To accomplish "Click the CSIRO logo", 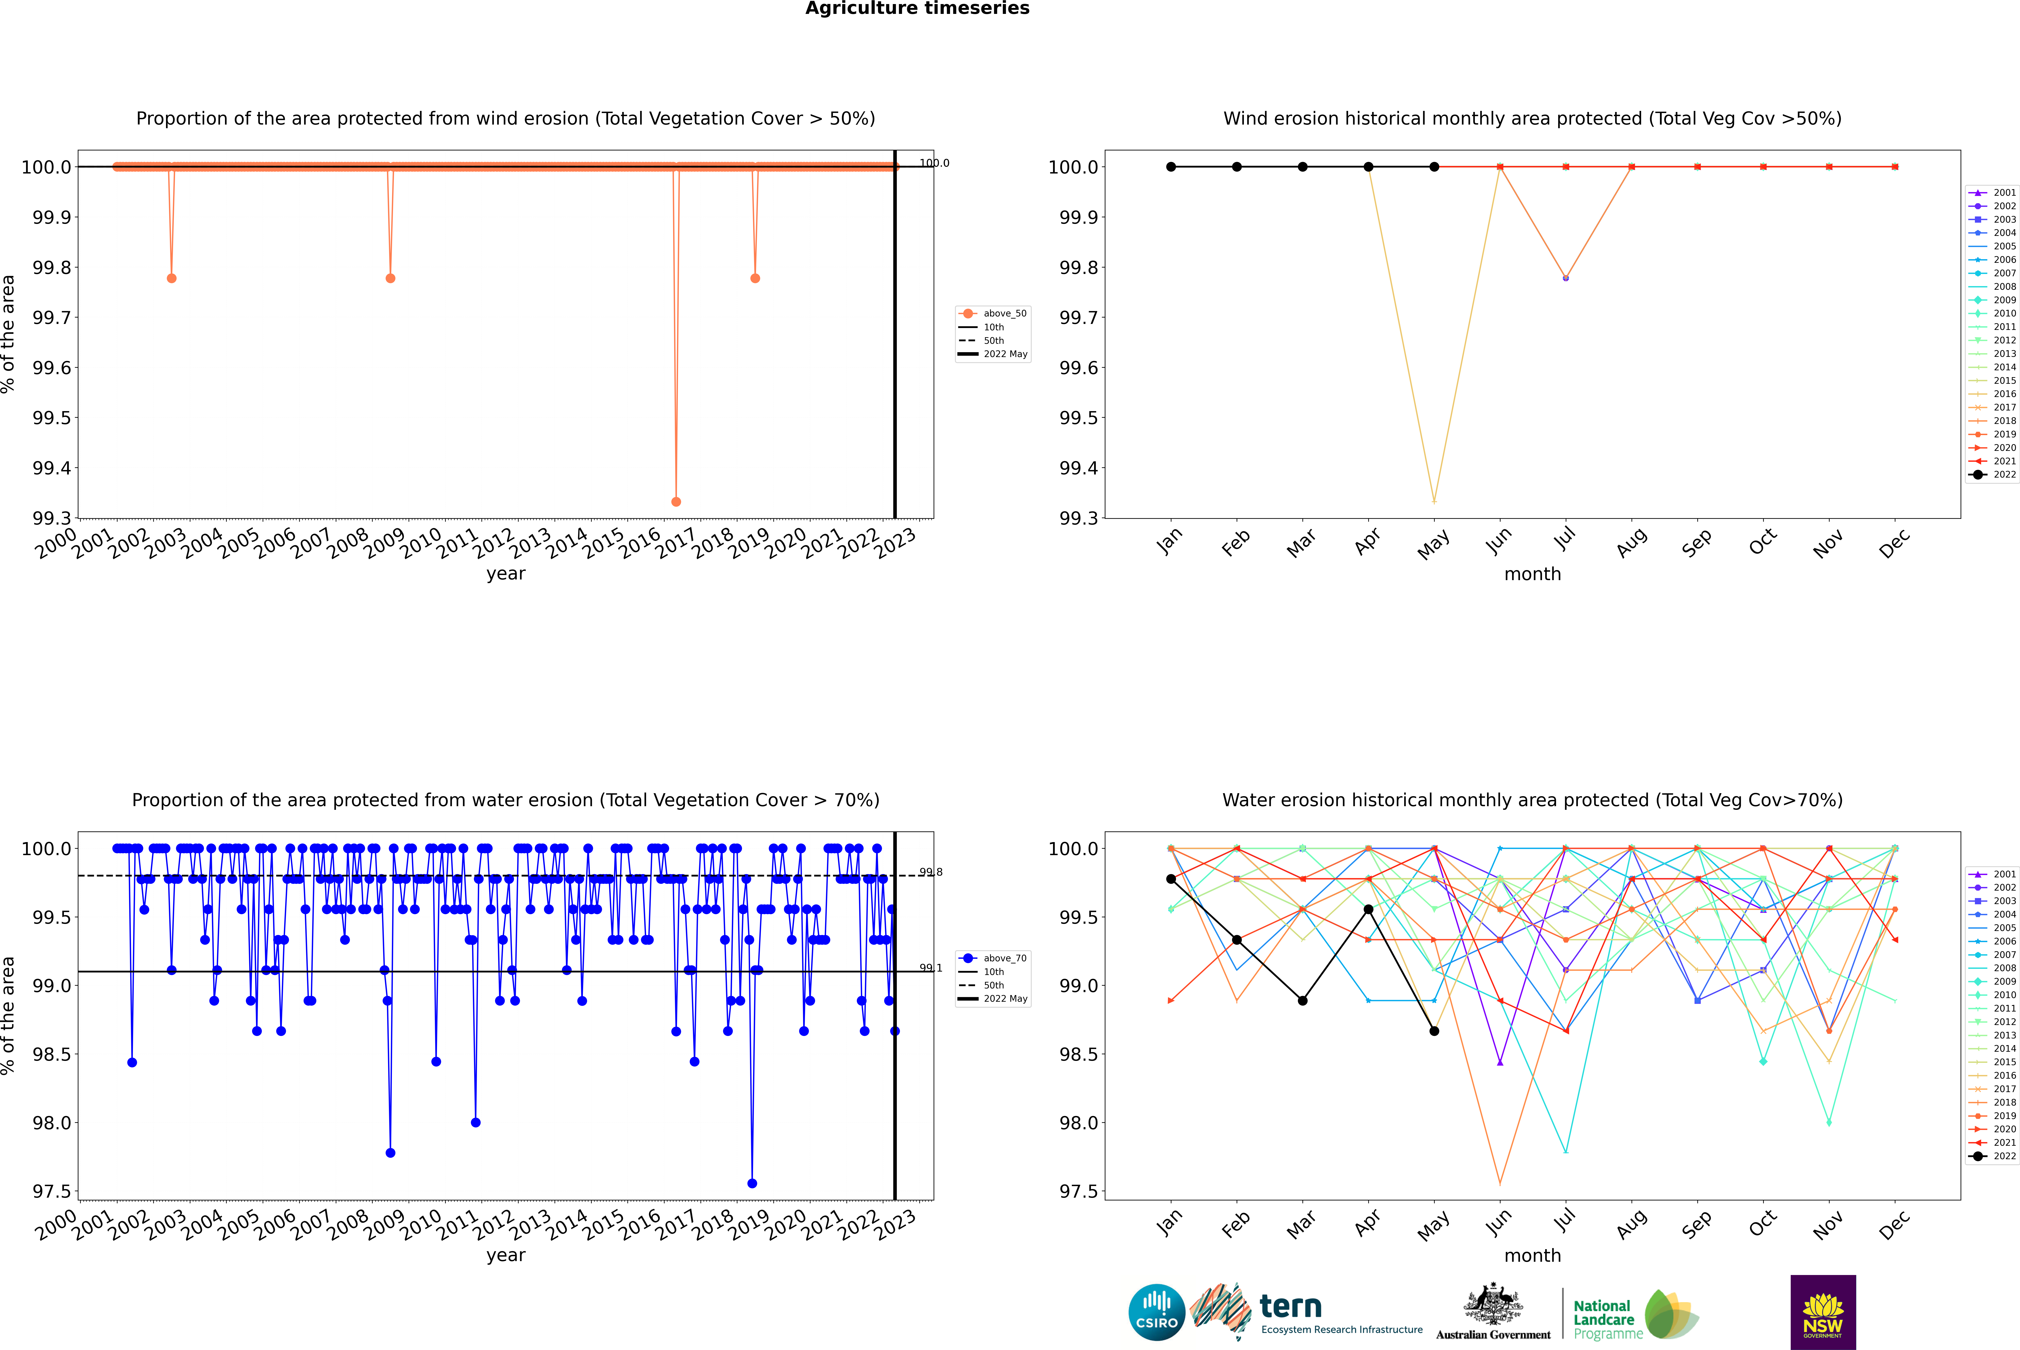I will pos(1156,1312).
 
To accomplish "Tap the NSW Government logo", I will pos(1823,1312).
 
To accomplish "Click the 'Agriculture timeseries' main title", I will pos(917,9).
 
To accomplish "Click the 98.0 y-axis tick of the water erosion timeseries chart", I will pos(52,1123).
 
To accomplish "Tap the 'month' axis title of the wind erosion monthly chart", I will pos(1532,574).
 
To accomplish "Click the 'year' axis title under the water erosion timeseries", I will pos(505,1255).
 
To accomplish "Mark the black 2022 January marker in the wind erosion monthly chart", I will pos(1171,167).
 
